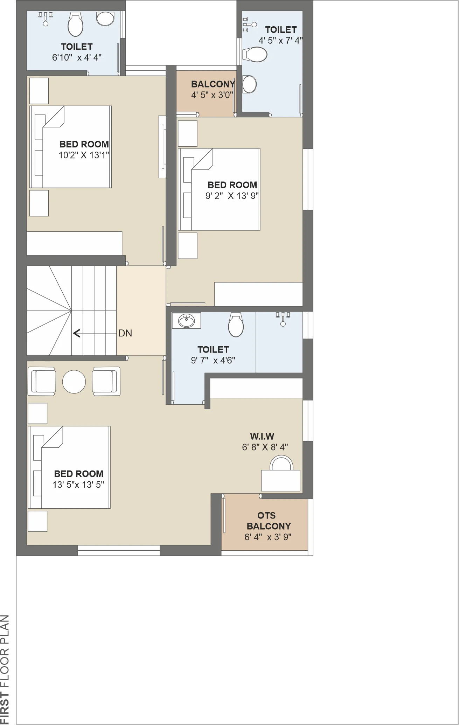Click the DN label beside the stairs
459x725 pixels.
point(125,333)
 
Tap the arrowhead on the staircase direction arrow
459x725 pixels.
point(76,333)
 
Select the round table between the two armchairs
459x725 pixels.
point(74,382)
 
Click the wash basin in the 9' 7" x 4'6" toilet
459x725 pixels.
point(186,320)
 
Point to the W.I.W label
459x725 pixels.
point(262,436)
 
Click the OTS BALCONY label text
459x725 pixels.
point(268,521)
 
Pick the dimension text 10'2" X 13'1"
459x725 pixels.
point(84,155)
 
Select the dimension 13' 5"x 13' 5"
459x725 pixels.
point(78,485)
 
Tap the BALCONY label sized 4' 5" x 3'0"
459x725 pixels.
point(213,84)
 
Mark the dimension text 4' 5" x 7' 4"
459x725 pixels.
point(280,41)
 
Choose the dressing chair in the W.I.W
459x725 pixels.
point(281,463)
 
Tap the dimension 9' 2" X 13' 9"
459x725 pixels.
point(232,196)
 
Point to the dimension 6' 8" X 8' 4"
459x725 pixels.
point(265,447)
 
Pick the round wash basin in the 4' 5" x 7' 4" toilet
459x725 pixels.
point(249,84)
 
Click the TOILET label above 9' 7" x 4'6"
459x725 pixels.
point(213,349)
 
